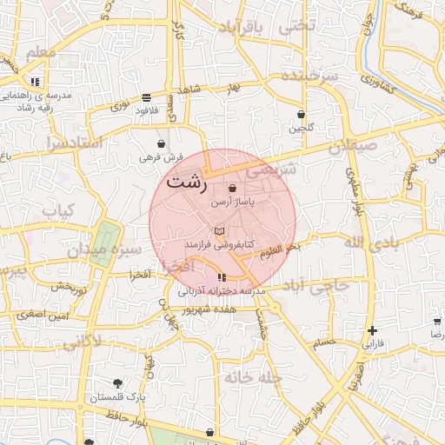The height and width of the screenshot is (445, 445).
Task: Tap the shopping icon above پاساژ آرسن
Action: coord(232,189)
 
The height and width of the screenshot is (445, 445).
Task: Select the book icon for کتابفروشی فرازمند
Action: coord(219,230)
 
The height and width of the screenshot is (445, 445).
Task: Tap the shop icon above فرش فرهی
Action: coord(162,144)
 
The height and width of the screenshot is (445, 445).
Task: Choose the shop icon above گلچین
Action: coord(301,114)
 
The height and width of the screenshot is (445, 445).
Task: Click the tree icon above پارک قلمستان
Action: coord(117,383)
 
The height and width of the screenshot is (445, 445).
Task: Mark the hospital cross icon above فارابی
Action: coord(373,330)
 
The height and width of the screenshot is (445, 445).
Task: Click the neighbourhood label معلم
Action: coord(40,54)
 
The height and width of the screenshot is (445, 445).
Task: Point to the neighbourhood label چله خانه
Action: coord(253,377)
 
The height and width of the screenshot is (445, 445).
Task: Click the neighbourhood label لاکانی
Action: coord(83,340)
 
